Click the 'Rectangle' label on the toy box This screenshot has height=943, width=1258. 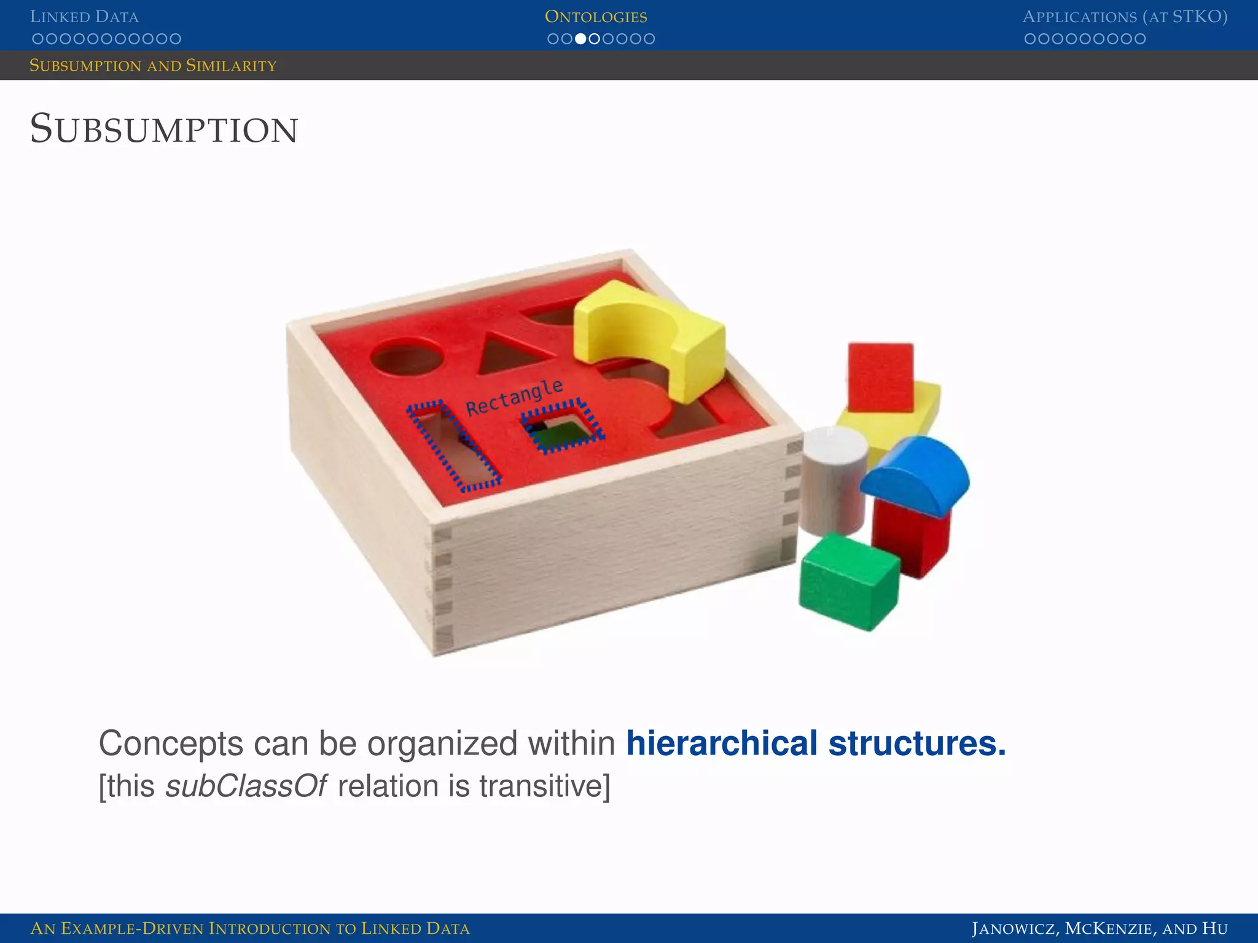click(x=514, y=398)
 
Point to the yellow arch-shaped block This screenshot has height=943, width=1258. click(x=651, y=338)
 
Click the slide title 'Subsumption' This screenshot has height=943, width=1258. click(x=164, y=130)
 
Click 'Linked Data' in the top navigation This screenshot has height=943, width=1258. click(x=84, y=17)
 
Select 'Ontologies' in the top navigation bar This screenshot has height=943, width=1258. click(x=596, y=17)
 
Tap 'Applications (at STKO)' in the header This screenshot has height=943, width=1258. click(x=1125, y=17)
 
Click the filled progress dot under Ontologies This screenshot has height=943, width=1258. click(x=580, y=39)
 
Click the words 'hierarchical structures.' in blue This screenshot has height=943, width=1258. click(x=816, y=743)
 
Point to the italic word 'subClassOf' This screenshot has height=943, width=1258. click(x=246, y=786)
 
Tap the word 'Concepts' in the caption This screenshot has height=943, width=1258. click(x=171, y=743)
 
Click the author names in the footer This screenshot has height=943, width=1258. click(x=1100, y=928)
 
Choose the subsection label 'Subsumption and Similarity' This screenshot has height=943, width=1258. click(x=153, y=66)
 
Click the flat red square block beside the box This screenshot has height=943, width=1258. click(x=880, y=376)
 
